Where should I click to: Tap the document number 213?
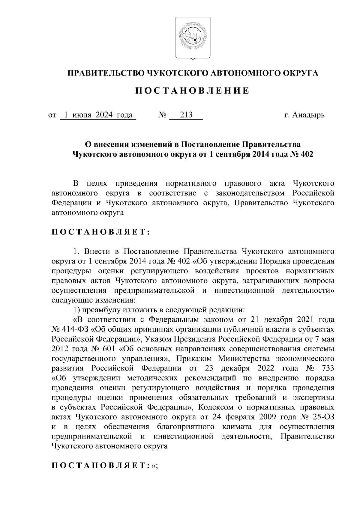tap(186, 115)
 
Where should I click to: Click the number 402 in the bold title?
tap(307, 155)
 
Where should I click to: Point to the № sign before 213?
tap(162, 115)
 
